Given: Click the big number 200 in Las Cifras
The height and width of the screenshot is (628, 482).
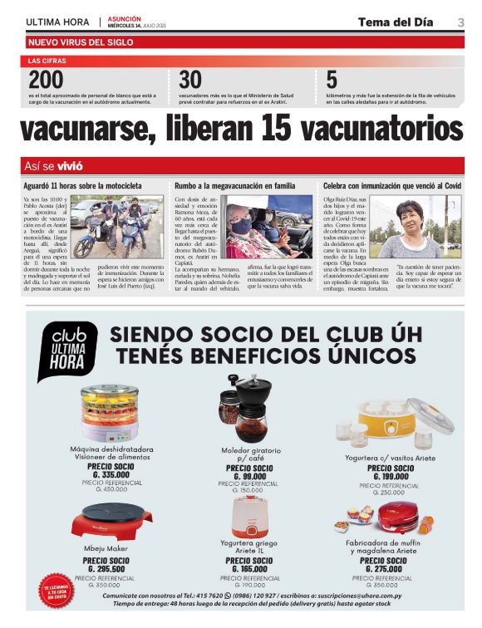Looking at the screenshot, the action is [x=46, y=81].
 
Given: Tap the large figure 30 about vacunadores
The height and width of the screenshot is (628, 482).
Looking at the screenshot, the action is [x=190, y=81].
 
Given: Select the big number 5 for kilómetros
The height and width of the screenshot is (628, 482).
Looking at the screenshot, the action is [x=332, y=81].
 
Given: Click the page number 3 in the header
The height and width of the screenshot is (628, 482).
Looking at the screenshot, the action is [x=460, y=22].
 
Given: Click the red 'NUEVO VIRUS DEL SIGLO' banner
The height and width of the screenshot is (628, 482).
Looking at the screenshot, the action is [x=81, y=42].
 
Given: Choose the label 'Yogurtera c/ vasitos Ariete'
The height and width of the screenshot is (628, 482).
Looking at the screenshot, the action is [x=391, y=457].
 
